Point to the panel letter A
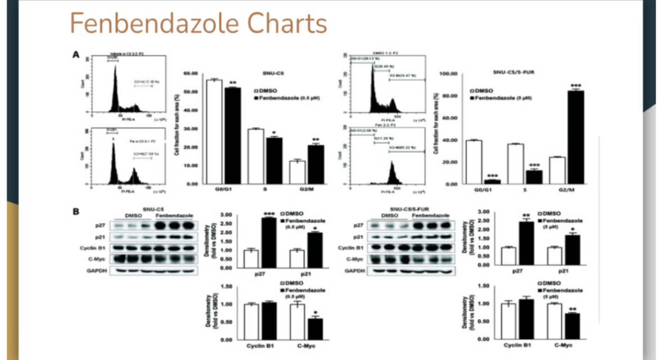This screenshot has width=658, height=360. click(x=75, y=55)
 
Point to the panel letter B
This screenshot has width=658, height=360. click(x=75, y=211)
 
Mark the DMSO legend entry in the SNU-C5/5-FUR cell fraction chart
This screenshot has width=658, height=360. click(x=483, y=90)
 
